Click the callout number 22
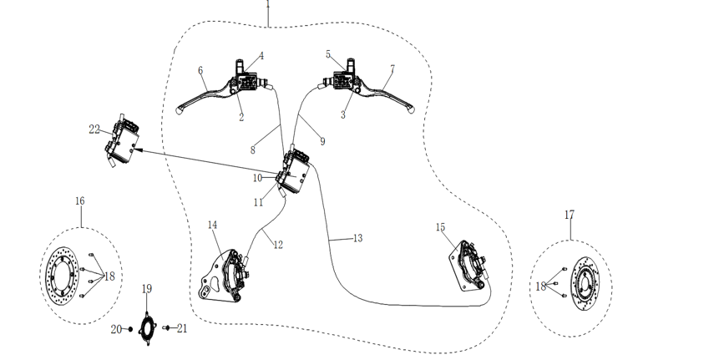94,129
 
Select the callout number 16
79,201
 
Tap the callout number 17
570,215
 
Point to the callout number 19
146,289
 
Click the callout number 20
117,329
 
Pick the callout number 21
182,328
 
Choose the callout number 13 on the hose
358,238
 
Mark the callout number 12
278,245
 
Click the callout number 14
213,226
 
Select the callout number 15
440,227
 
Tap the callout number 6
200,71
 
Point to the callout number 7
392,68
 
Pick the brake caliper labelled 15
470,266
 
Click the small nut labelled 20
130,329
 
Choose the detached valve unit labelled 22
122,141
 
